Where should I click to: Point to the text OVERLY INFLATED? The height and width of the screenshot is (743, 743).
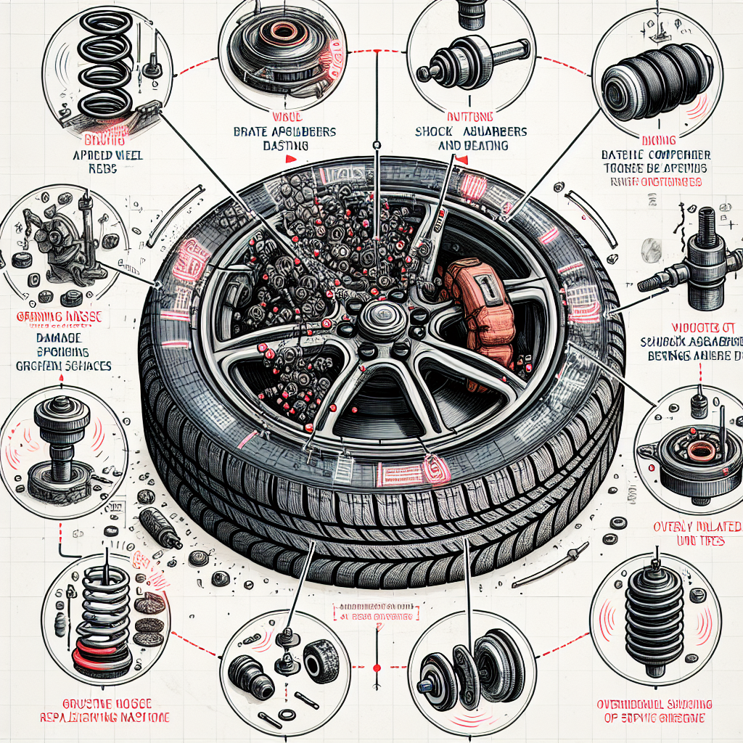click(696, 526)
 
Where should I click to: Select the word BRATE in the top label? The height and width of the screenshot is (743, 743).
click(250, 132)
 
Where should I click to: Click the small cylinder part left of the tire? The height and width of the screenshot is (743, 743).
click(159, 528)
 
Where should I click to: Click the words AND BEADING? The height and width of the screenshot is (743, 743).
click(472, 145)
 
